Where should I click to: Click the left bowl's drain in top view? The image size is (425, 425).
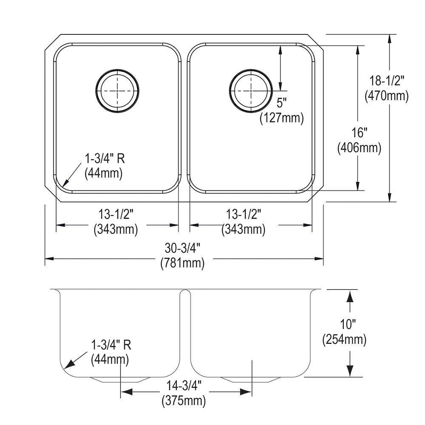coord(117,91)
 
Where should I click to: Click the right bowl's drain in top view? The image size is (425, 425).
coord(251,91)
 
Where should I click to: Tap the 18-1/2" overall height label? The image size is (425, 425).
coord(387,81)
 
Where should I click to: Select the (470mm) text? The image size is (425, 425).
coord(386,96)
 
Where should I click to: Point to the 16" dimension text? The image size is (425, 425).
coord(360,133)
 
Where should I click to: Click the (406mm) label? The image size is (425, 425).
coord(359,148)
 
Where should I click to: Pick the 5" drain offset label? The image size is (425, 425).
coord(281,103)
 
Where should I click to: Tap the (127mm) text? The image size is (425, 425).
coord(282,118)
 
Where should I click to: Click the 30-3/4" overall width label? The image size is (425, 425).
coord(182,248)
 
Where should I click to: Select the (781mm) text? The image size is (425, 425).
coord(182,263)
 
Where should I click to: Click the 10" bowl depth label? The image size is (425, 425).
coord(348,324)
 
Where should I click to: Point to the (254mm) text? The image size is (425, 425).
coord(344,339)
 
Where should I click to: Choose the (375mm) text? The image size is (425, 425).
coord(184,401)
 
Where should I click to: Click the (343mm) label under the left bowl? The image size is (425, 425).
coord(116,229)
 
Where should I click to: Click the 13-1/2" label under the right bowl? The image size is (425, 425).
coord(244,215)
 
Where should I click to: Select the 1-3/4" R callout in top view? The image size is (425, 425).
coord(105,159)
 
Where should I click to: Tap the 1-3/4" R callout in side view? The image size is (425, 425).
coord(111,345)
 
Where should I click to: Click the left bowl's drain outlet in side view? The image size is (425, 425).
coord(120,380)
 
